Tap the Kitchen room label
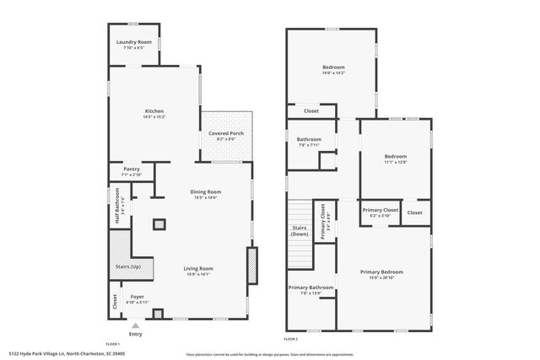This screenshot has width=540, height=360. [x=154, y=111]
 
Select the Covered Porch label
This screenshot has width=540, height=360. [x=226, y=134]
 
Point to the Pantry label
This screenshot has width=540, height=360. [x=132, y=169]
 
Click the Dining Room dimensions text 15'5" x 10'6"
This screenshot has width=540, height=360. [x=206, y=197]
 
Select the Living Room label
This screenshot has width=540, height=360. [x=198, y=268]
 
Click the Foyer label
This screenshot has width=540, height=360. [x=136, y=297]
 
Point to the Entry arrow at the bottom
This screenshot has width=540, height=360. [x=136, y=324]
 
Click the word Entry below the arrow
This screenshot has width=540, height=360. [x=136, y=333]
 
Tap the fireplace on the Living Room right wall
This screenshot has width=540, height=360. [x=251, y=269]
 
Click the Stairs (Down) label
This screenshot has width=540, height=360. [x=300, y=230]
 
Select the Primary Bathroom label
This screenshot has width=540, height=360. [x=311, y=288]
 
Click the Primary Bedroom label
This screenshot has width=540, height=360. [x=381, y=271]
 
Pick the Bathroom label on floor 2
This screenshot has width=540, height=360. [x=309, y=139]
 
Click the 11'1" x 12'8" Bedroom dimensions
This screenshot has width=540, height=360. [x=396, y=162]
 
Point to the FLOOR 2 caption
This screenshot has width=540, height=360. [x=291, y=339]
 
